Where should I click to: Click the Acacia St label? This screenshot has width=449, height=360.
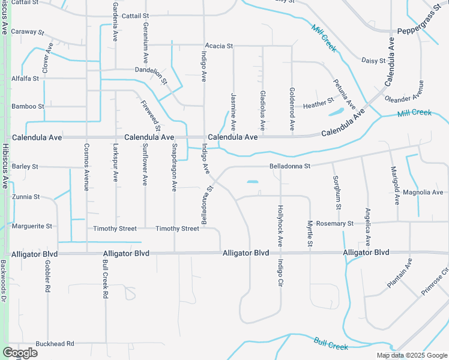[218, 46]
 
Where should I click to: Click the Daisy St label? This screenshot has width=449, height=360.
[373, 59]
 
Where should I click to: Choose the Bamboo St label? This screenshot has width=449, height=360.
[28, 106]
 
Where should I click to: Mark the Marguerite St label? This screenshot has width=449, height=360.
[32, 226]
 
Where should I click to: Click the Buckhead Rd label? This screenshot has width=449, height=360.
[55, 344]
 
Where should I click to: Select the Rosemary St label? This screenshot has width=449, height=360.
[334, 223]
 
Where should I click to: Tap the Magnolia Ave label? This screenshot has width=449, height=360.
[423, 192]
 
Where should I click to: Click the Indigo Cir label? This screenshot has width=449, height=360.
[280, 272]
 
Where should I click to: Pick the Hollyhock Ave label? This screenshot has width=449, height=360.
[280, 226]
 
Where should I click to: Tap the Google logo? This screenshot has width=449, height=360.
[20, 353]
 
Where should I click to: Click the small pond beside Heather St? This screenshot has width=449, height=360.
[336, 112]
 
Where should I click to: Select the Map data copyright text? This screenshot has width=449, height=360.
[412, 355]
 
